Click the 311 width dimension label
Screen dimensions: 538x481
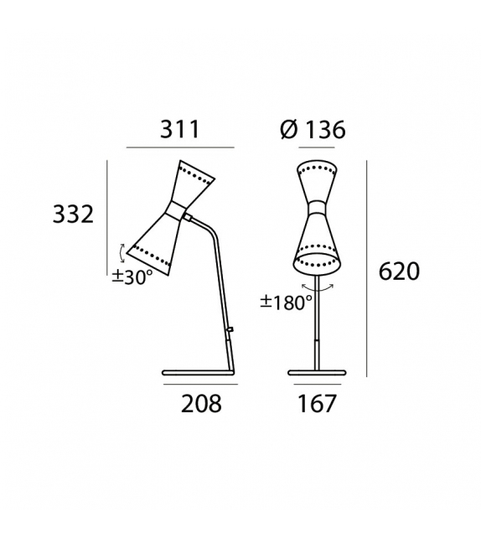[180, 130]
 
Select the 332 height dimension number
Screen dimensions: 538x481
[74, 215]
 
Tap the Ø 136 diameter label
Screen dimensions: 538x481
[313, 130]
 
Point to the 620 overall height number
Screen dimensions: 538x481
[399, 272]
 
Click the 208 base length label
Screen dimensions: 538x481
[201, 404]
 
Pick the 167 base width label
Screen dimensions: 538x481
[317, 404]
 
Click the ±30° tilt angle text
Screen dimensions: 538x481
[132, 277]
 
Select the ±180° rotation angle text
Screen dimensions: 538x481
[286, 303]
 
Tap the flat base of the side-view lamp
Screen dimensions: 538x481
[197, 372]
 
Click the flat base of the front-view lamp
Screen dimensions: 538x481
[317, 372]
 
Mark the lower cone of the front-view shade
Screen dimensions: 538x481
[317, 243]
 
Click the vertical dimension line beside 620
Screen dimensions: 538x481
[366, 268]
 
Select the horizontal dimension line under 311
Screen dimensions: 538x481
[180, 147]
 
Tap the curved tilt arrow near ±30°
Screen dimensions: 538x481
[122, 253]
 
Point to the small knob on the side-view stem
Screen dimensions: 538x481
[230, 330]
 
